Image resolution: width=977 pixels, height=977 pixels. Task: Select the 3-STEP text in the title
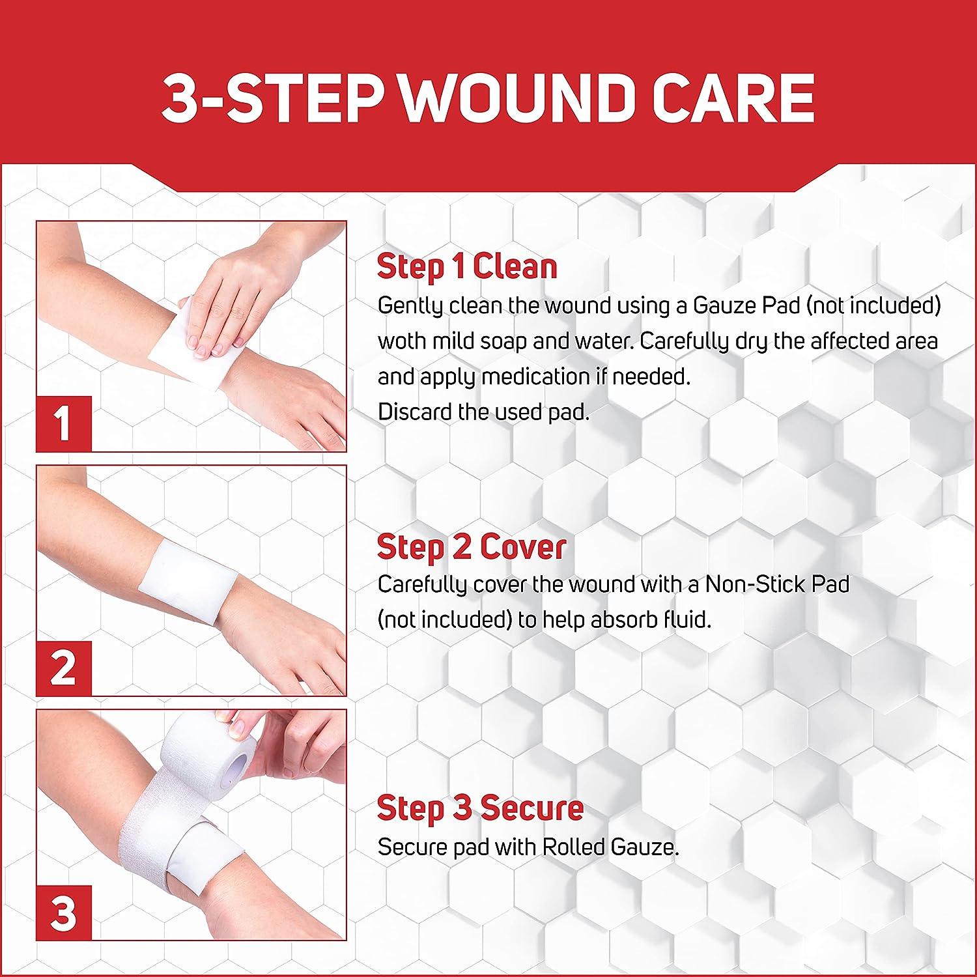coord(274,98)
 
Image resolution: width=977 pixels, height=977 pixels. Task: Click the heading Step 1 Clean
coord(467,267)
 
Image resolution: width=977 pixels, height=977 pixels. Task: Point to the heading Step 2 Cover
coord(471,547)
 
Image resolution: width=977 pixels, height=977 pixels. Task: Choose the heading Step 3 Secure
coord(480,808)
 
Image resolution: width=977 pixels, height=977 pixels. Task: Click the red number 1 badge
coord(63,423)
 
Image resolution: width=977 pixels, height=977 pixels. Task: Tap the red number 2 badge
coord(63,668)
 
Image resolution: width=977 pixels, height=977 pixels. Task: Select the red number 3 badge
coord(63,912)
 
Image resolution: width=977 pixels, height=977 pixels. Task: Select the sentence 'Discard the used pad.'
coord(483,412)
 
